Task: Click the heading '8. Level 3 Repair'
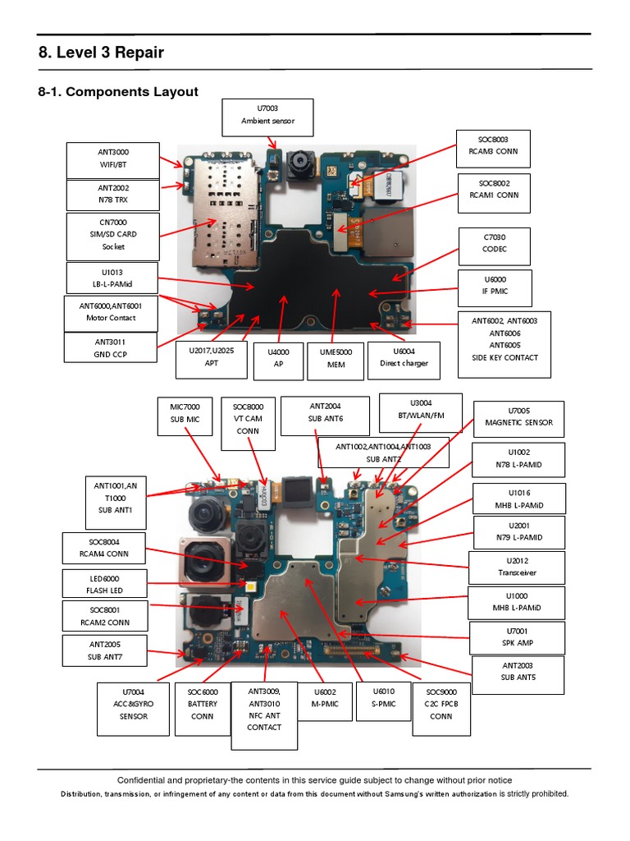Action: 101,53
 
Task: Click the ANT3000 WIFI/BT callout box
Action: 112,159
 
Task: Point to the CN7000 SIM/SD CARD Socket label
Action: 112,234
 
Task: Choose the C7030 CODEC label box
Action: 495,246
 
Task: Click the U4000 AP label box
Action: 278,358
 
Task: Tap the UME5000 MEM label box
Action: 335,358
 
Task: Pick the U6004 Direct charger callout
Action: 398,357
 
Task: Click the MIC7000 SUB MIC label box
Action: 185,413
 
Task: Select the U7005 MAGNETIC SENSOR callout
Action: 518,416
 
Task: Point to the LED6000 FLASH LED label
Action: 95,584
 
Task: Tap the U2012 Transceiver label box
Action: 516,567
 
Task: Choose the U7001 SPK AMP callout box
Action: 516,637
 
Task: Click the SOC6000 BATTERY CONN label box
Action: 202,704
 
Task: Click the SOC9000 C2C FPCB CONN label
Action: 441,704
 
